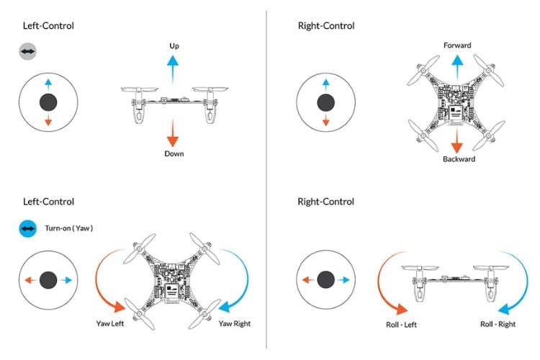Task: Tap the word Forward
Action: [x=457, y=45]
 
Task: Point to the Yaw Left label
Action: [x=110, y=323]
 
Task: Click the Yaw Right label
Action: [x=235, y=323]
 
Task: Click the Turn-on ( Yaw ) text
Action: [x=69, y=228]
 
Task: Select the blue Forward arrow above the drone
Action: [x=457, y=67]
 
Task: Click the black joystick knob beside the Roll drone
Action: [x=326, y=279]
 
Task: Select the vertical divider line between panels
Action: [x=267, y=180]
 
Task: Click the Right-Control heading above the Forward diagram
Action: [x=325, y=26]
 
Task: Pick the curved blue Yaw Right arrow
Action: [x=237, y=277]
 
